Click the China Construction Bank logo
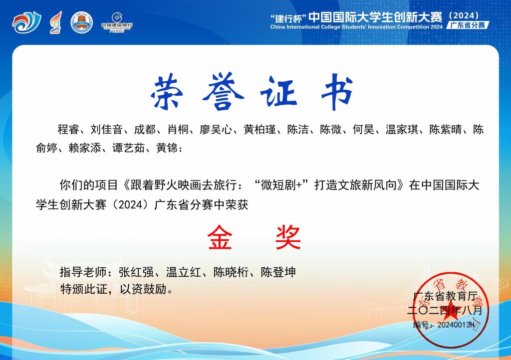pyautogui.click(x=117, y=22)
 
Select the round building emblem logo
pyautogui.click(x=81, y=22)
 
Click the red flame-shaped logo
pyautogui.click(x=56, y=22)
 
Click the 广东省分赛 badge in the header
pyautogui.click(x=468, y=25)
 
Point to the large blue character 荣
pyautogui.click(x=168, y=91)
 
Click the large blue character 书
pyautogui.click(x=337, y=91)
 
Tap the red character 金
pyautogui.click(x=220, y=238)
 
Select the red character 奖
pyautogui.click(x=288, y=238)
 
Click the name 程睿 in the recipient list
pyautogui.click(x=68, y=130)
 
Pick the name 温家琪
pyautogui.click(x=402, y=130)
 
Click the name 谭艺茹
pyautogui.click(x=128, y=148)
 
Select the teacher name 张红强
pyautogui.click(x=136, y=272)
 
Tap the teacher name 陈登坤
pyautogui.click(x=278, y=272)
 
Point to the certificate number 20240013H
pyautogui.click(x=456, y=325)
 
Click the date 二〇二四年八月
pyautogui.click(x=445, y=310)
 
